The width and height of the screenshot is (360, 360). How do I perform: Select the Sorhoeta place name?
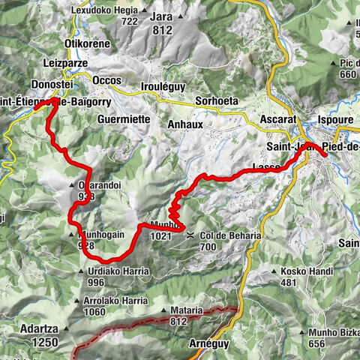tap(217, 99)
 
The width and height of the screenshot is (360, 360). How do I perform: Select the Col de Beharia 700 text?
tap(230, 240)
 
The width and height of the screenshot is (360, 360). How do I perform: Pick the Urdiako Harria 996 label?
tap(116, 275)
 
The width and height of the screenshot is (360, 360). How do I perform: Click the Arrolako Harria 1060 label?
tap(115, 306)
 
